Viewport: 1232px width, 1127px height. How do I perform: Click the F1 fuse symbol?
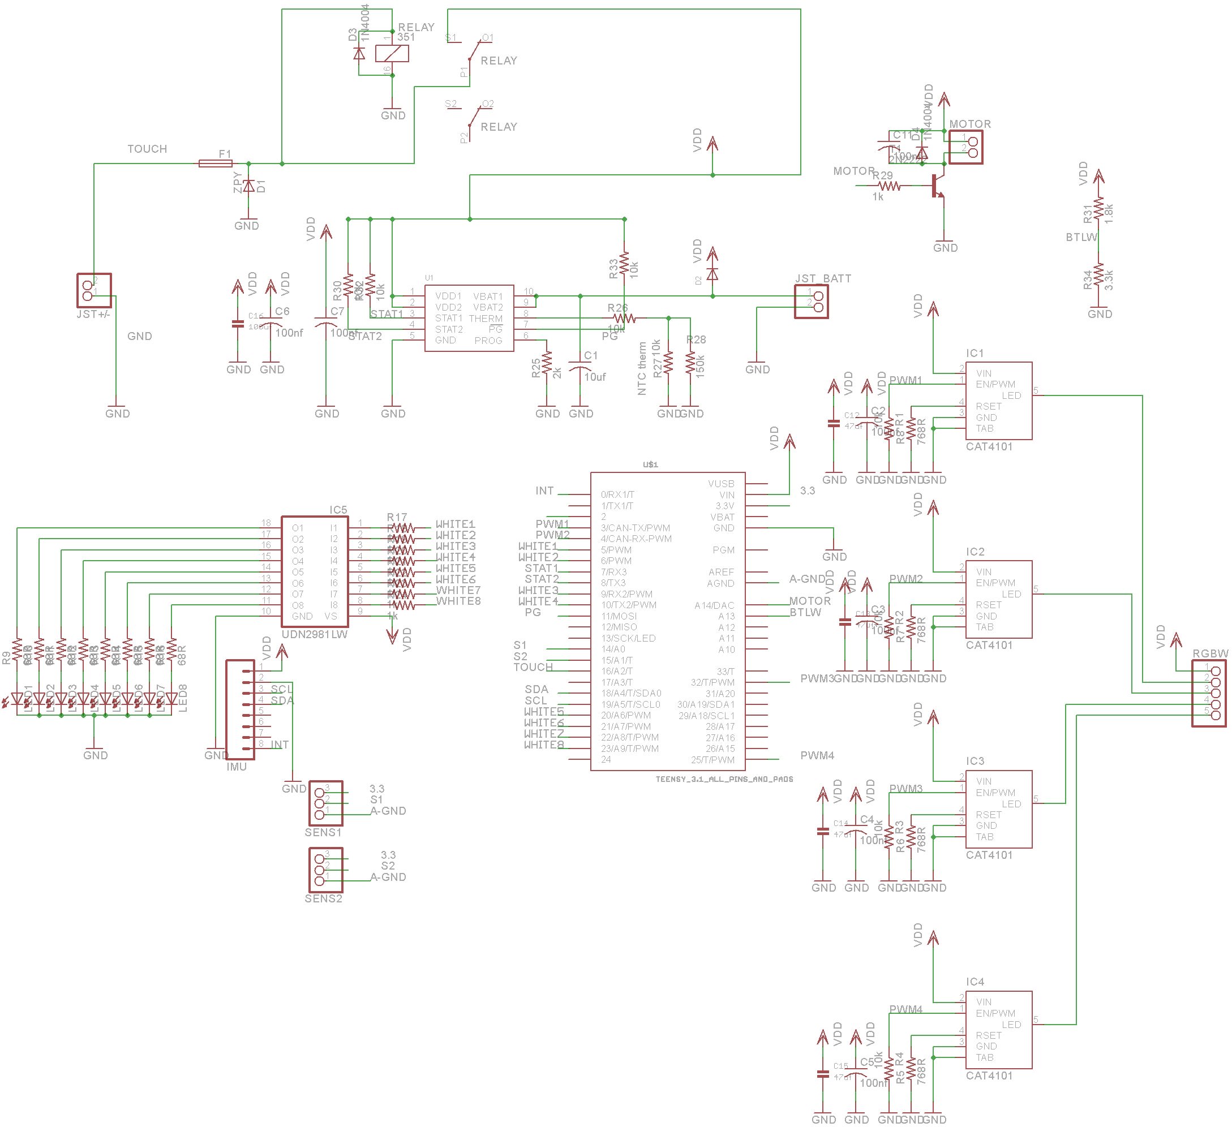[x=216, y=163]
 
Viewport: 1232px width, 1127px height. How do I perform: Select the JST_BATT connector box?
[x=811, y=301]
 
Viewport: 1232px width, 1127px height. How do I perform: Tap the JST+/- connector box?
[x=94, y=290]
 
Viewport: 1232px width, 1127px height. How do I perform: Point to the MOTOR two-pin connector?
[x=965, y=147]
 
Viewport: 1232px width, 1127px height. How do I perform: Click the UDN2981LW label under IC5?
[x=314, y=635]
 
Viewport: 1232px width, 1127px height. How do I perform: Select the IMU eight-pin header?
[x=240, y=709]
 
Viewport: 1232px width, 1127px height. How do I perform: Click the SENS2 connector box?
[x=325, y=869]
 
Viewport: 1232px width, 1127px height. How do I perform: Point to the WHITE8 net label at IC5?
[x=458, y=601]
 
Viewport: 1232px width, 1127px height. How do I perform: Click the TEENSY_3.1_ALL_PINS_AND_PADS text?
[x=724, y=779]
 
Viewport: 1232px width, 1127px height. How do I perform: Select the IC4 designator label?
[x=975, y=982]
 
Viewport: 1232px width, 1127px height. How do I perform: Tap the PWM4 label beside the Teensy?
[x=817, y=756]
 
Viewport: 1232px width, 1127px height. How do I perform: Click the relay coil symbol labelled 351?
[x=392, y=54]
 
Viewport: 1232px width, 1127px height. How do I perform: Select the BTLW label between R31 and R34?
[x=1081, y=237]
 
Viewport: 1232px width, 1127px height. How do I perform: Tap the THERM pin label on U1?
[x=486, y=319]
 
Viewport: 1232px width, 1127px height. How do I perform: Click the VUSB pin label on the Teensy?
[x=721, y=483]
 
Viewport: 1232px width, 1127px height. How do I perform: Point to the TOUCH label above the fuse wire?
[x=147, y=149]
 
